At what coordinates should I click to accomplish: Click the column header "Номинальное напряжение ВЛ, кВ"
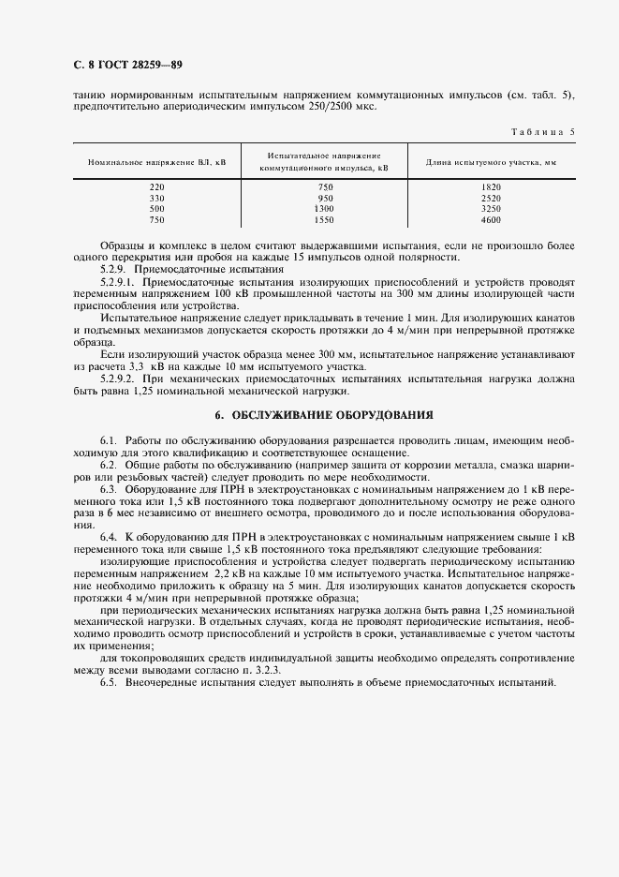pyautogui.click(x=156, y=162)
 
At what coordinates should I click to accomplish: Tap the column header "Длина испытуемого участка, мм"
pyautogui.click(x=492, y=162)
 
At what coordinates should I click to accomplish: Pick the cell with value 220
pyautogui.click(x=156, y=186)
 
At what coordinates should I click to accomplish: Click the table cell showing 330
pyautogui.click(x=156, y=198)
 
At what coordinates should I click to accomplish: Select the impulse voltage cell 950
pyautogui.click(x=325, y=198)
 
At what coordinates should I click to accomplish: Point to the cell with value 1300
pyautogui.click(x=325, y=209)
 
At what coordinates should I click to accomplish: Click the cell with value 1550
pyautogui.click(x=325, y=220)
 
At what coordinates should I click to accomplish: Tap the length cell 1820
pyautogui.click(x=492, y=186)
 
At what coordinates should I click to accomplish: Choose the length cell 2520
pyautogui.click(x=492, y=198)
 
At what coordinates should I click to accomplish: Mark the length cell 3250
pyautogui.click(x=492, y=209)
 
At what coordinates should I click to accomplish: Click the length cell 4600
pyautogui.click(x=492, y=220)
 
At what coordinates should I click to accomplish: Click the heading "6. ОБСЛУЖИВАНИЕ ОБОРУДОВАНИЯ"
pyautogui.click(x=324, y=415)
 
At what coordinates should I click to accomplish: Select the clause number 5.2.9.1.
pyautogui.click(x=118, y=281)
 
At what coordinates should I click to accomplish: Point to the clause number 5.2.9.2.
pyautogui.click(x=118, y=379)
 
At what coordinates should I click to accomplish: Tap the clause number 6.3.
pyautogui.click(x=108, y=489)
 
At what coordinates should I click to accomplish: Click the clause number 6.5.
pyautogui.click(x=108, y=681)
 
